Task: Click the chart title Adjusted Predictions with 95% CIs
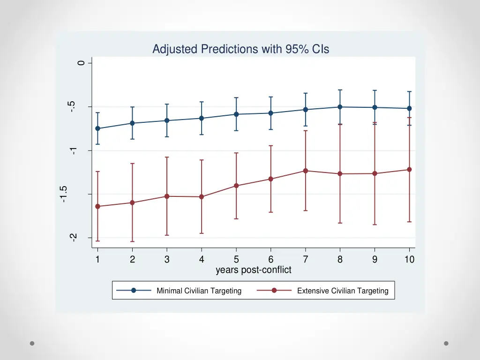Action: click(x=240, y=49)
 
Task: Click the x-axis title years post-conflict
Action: click(x=253, y=270)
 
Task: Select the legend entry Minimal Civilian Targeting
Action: click(x=199, y=291)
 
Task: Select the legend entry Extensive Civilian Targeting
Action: click(x=343, y=291)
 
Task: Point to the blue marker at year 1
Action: click(x=97, y=128)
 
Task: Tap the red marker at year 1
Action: click(x=97, y=206)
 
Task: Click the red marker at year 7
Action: click(x=305, y=171)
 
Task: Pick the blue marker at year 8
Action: click(x=340, y=107)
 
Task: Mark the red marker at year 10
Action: click(x=409, y=170)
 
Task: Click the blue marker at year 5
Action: click(x=236, y=114)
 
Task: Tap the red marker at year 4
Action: click(x=202, y=197)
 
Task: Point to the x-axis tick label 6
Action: click(x=270, y=260)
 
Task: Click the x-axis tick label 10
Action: click(x=409, y=260)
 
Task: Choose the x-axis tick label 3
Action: click(x=167, y=260)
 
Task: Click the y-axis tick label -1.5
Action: click(x=64, y=194)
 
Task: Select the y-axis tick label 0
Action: click(x=82, y=63)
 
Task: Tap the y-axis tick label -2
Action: click(x=73, y=238)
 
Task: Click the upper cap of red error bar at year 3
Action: click(x=167, y=157)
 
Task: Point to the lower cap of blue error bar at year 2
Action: click(x=132, y=139)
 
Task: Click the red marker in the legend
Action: click(x=274, y=291)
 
